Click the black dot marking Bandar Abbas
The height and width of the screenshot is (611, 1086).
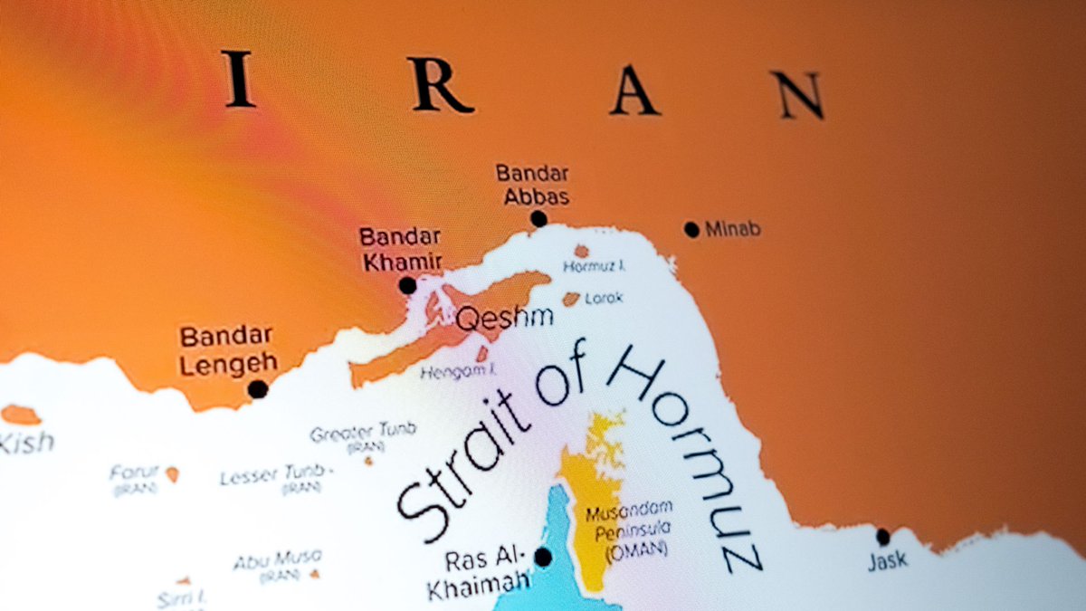538,218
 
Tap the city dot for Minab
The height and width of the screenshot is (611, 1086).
692,230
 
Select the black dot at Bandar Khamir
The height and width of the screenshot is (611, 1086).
407,286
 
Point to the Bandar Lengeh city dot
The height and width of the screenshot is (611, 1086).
258,389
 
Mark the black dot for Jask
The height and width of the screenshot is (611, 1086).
883,537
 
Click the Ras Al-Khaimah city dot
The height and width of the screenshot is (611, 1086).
543,557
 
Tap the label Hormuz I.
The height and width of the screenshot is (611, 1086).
595,266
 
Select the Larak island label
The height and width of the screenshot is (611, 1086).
604,297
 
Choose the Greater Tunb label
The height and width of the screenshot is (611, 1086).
363,433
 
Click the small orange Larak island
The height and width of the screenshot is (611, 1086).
571,298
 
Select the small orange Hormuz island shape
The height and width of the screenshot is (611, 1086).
581,251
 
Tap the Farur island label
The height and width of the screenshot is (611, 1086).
134,473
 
